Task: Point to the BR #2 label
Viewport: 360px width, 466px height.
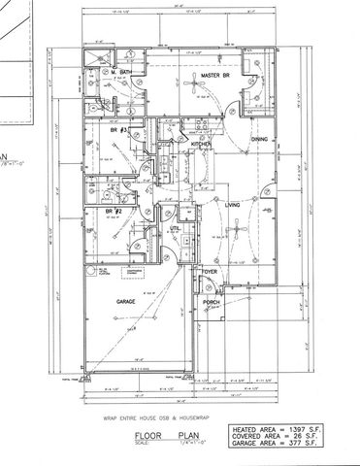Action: (114, 211)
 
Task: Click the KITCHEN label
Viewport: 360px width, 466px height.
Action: (200, 144)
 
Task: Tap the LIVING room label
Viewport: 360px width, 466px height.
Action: (233, 205)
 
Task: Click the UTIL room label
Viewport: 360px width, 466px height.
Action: (176, 229)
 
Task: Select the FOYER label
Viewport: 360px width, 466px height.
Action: (210, 272)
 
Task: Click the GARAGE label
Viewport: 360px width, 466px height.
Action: (125, 303)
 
